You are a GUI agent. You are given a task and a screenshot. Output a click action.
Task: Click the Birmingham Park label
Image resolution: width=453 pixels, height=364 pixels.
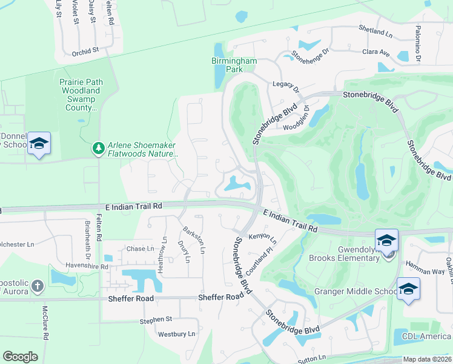pyautogui.click(x=234, y=65)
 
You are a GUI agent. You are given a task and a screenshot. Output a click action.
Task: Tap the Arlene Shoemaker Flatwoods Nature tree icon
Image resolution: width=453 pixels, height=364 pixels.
pyautogui.click(x=98, y=148)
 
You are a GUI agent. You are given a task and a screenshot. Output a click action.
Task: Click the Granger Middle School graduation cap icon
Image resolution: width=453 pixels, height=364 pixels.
pyautogui.click(x=408, y=288)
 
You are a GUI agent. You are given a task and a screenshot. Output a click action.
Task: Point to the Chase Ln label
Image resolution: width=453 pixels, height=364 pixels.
pyautogui.click(x=140, y=249)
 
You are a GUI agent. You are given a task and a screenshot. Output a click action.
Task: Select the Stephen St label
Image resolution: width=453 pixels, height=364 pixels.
pyautogui.click(x=156, y=319)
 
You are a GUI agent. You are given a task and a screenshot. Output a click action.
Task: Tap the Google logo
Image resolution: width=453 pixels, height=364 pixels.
pyautogui.click(x=20, y=357)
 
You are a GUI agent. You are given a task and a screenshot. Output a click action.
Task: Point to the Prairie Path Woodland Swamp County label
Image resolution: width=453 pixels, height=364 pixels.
pyautogui.click(x=81, y=95)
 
